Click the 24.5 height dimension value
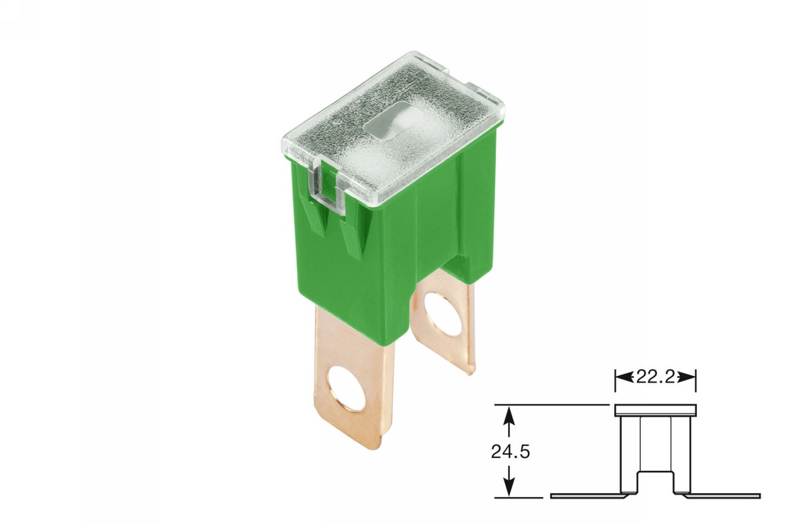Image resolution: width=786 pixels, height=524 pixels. click(x=510, y=451)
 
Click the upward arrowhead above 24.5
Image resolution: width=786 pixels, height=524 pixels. click(x=507, y=414)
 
